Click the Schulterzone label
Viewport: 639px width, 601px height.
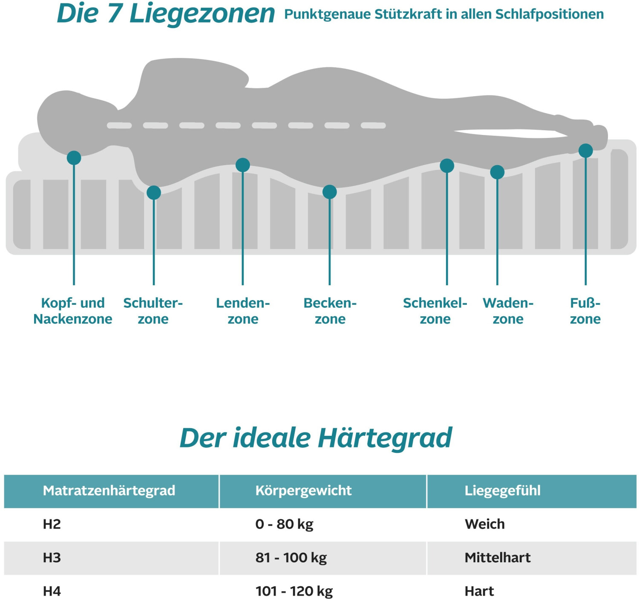click(x=153, y=311)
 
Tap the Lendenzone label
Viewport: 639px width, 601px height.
click(x=243, y=311)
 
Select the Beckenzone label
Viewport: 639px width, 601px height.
click(x=330, y=311)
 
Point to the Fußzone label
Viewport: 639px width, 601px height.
click(x=585, y=311)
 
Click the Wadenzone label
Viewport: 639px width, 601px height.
click(x=508, y=311)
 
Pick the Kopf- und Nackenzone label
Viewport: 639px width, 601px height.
click(x=73, y=311)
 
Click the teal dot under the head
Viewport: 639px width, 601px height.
click(x=74, y=157)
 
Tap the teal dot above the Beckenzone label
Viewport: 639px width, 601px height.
click(x=329, y=192)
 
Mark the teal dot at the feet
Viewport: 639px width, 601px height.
click(x=586, y=150)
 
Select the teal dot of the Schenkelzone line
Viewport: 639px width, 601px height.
click(x=447, y=166)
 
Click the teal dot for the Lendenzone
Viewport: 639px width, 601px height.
click(x=242, y=165)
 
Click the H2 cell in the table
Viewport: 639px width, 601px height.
click(x=52, y=524)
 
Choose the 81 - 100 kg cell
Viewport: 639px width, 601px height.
click(x=291, y=558)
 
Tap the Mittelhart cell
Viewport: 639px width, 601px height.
click(x=498, y=558)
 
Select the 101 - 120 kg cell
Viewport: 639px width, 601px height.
click(x=294, y=591)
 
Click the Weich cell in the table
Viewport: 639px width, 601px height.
click(x=485, y=524)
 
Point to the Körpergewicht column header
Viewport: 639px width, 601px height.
click(x=303, y=491)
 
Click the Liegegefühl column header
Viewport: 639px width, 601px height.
click(x=502, y=491)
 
